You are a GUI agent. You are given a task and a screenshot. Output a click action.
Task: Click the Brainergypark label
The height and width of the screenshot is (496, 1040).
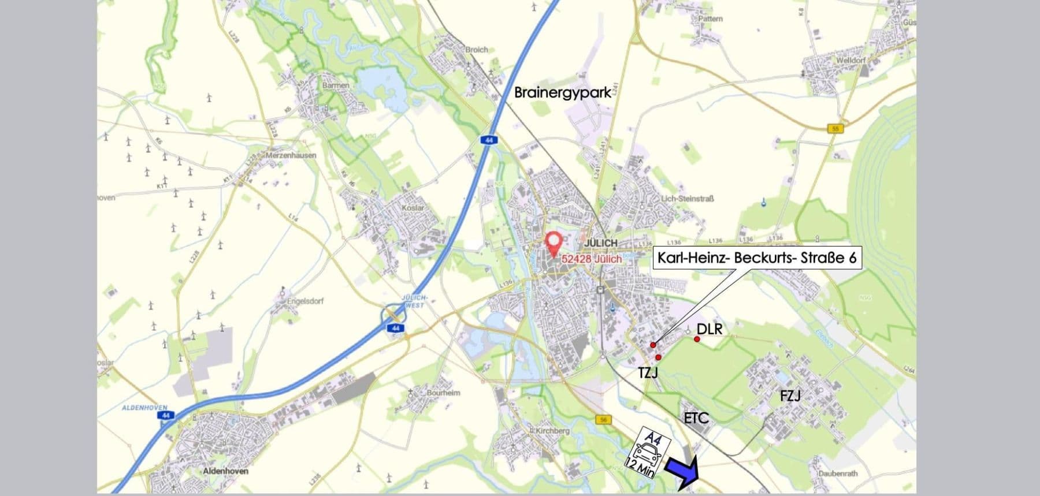click(x=562, y=92)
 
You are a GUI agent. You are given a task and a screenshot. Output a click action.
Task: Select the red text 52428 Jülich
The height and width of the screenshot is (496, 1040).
click(x=592, y=259)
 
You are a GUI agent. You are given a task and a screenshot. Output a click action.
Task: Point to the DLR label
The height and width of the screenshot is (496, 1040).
click(x=710, y=329)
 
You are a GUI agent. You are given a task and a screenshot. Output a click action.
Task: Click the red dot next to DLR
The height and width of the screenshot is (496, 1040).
click(x=697, y=340)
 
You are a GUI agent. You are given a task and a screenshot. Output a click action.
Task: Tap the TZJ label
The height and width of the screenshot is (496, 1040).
click(x=648, y=373)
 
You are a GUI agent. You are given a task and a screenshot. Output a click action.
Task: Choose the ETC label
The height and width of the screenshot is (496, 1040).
click(x=696, y=418)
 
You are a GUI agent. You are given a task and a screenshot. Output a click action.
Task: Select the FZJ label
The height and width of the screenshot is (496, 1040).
click(x=790, y=396)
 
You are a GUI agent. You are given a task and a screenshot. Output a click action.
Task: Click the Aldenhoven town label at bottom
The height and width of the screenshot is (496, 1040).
click(x=225, y=471)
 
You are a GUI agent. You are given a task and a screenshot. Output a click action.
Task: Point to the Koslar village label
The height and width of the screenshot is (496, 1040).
click(x=413, y=208)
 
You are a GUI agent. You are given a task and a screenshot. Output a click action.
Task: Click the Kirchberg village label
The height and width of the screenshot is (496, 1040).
click(x=552, y=431)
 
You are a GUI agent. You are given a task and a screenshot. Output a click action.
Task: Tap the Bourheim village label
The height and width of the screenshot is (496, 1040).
click(x=443, y=393)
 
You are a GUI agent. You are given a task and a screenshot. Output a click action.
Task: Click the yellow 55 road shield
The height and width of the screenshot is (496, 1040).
click(x=835, y=128)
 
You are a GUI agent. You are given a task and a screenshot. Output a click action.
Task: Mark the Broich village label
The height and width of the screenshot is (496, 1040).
click(x=476, y=50)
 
